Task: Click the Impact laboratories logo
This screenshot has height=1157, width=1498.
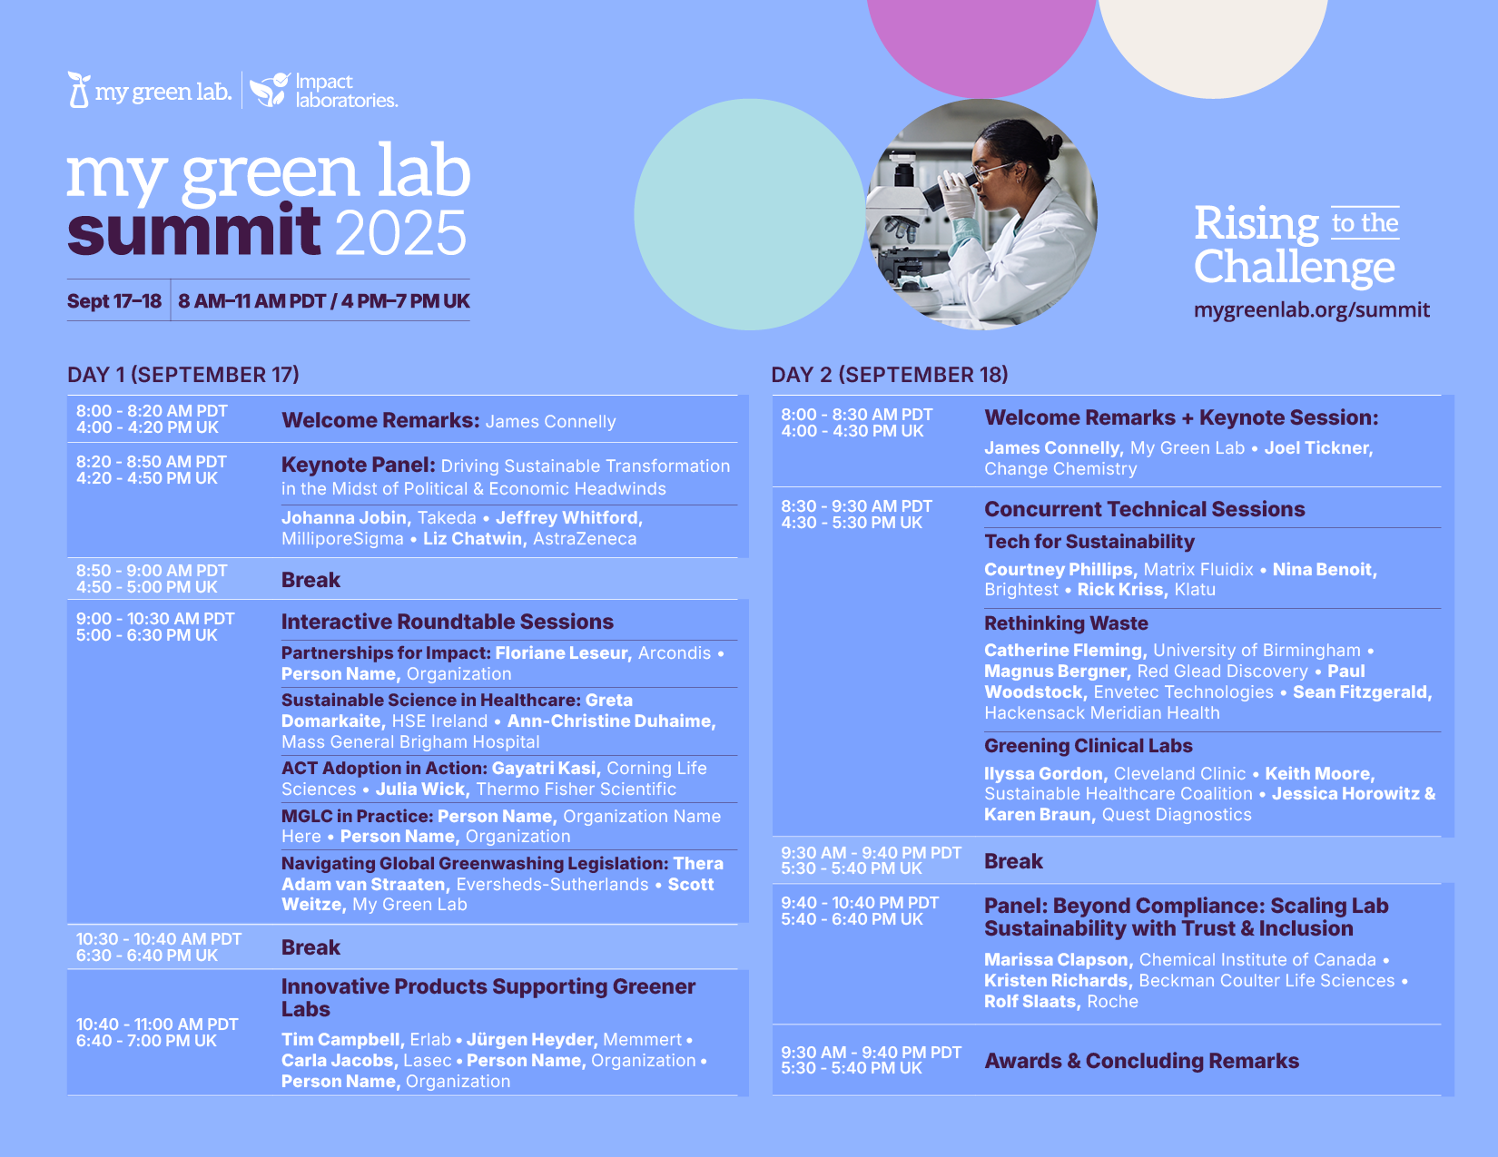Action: pos(324,90)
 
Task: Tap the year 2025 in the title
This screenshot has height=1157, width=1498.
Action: pos(402,232)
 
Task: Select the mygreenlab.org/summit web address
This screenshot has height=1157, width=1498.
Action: pos(1311,310)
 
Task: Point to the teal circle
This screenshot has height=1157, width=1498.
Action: pos(749,214)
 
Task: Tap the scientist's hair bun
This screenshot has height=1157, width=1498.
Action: pos(1052,146)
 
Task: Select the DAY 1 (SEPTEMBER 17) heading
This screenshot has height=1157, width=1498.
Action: pos(183,375)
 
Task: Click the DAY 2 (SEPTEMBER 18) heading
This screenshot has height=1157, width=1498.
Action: pos(890,375)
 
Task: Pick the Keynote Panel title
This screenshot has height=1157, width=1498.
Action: pos(358,466)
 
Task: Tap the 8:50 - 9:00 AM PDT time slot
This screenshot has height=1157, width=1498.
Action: pos(152,571)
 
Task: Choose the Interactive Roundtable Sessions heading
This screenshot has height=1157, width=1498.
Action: pos(448,622)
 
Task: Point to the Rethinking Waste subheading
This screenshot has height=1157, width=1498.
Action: pos(1066,623)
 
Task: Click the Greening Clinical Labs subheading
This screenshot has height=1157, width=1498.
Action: pos(1088,746)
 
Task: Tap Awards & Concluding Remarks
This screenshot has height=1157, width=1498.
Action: pos(1141,1061)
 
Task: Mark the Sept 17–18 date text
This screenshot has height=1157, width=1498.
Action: pos(114,301)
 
